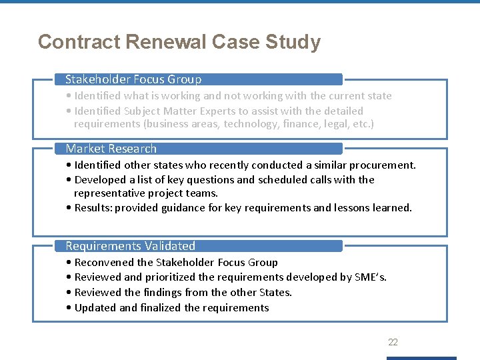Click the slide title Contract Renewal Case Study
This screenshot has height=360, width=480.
point(179,42)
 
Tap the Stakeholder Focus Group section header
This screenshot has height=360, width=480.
point(133,79)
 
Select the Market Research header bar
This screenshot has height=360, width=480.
point(111,149)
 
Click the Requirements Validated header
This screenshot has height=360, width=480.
point(131,246)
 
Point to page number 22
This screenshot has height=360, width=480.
point(393,342)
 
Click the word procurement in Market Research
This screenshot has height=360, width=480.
point(383,165)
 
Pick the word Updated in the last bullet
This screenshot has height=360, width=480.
point(95,307)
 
